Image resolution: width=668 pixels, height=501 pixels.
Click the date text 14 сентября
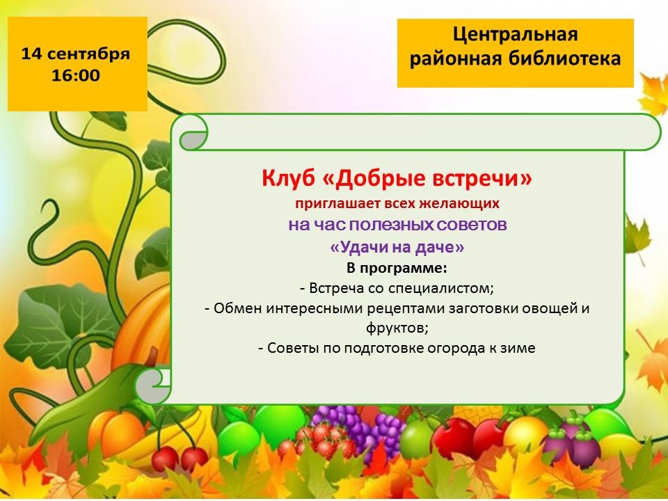[75, 54]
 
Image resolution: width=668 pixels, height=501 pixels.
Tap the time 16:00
[75, 75]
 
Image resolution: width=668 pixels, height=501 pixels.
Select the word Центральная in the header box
[515, 35]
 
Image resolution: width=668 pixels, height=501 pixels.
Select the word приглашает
[337, 204]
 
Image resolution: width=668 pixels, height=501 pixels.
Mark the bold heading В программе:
[397, 269]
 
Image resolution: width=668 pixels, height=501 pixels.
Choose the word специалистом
[440, 288]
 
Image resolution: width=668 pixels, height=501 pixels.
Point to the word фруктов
[396, 328]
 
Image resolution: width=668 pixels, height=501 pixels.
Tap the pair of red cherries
[180, 456]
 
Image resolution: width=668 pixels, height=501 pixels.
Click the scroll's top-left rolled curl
[194, 133]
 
